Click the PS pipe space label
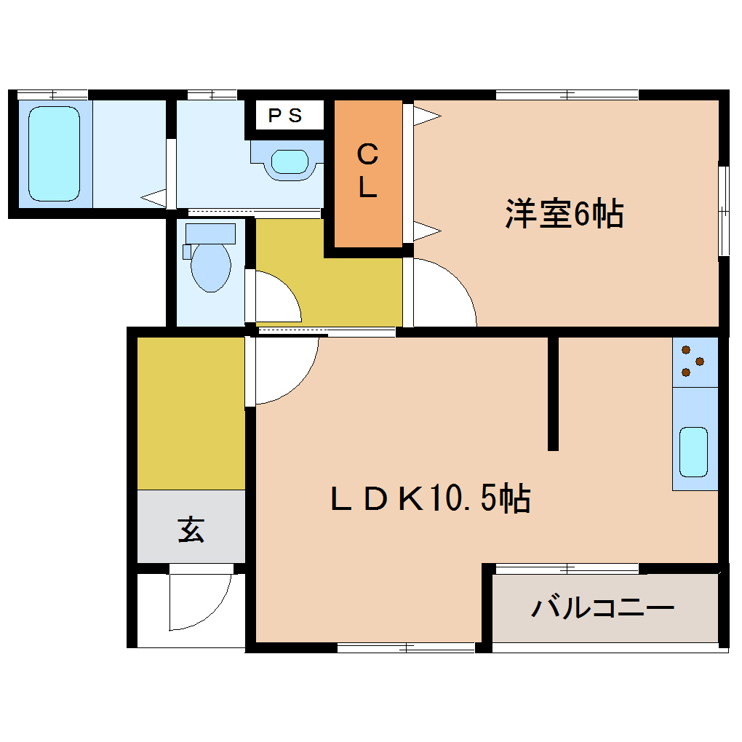(286, 116)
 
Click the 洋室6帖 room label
(564, 214)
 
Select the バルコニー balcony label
(603, 607)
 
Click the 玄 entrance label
(191, 530)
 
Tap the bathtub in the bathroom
(54, 153)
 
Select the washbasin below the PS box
(290, 161)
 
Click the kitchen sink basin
(693, 452)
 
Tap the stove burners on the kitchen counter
(692, 362)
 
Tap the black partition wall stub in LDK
(553, 394)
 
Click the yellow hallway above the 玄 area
(191, 412)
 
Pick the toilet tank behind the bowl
(210, 234)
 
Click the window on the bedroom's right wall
(723, 211)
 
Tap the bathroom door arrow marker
(153, 196)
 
